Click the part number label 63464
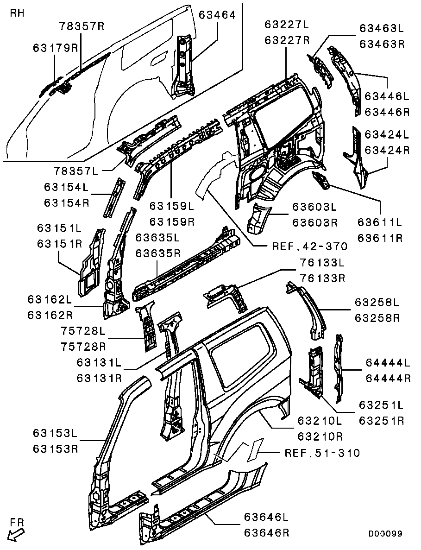coord(217,14)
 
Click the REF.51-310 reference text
coord(322,453)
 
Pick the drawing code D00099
coord(385,534)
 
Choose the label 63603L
coord(315,206)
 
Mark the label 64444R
coord(388,378)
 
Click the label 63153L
coord(55,433)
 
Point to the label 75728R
coord(83,347)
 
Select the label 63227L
coord(287,24)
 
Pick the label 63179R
coord(55,48)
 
